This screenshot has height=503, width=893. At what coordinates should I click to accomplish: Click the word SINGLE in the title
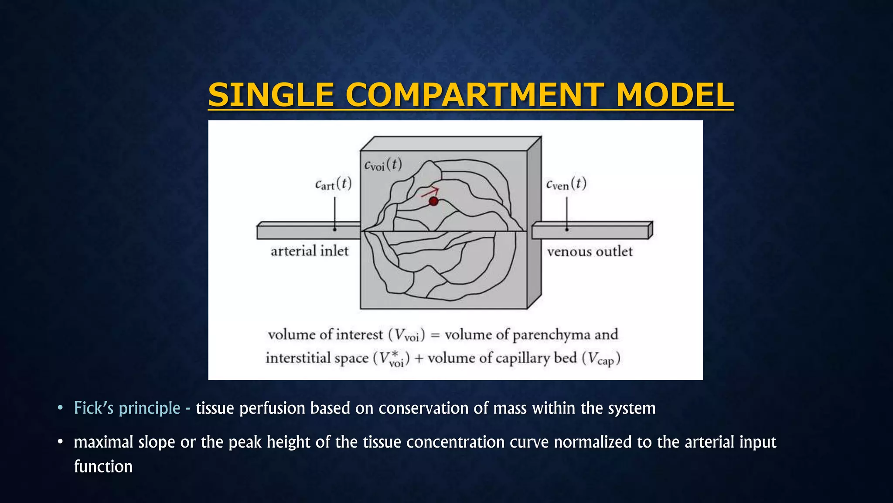tap(271, 95)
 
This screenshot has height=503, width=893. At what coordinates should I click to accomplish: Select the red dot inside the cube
tap(433, 201)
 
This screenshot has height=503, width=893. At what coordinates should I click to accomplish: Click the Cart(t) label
tap(333, 184)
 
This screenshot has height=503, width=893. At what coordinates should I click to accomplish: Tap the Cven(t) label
tap(566, 184)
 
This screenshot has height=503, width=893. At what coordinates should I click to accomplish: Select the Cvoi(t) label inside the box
tap(383, 165)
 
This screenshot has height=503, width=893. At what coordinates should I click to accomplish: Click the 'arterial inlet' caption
tap(310, 251)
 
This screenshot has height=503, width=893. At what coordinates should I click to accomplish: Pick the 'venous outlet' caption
tap(590, 251)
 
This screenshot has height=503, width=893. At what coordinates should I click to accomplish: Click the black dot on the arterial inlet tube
tap(335, 229)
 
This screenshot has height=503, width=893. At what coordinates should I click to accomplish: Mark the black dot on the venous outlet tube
tap(567, 229)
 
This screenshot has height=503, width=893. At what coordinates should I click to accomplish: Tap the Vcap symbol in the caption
tap(601, 359)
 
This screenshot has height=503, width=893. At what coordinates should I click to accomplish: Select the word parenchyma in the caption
tap(551, 335)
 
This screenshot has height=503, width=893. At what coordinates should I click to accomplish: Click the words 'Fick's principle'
tap(127, 408)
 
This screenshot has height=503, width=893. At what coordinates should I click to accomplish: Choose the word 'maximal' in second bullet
tap(103, 442)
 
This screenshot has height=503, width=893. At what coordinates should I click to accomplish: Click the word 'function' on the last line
tap(103, 466)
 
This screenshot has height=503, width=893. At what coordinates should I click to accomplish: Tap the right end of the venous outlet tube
tap(650, 230)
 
